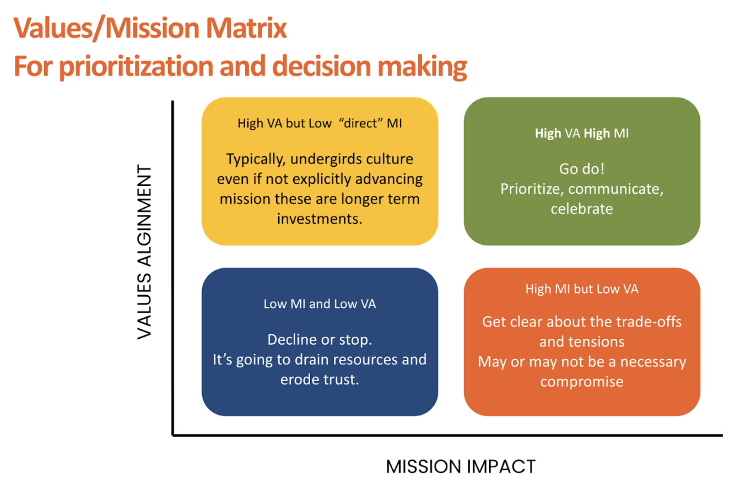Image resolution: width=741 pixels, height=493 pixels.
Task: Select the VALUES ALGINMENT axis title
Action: point(144,252)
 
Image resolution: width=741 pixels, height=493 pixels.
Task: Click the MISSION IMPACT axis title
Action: point(460,467)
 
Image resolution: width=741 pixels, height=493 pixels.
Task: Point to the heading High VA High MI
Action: point(582,133)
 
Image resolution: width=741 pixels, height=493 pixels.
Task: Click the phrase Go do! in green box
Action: point(582,169)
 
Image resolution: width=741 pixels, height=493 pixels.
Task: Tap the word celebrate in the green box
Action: point(582,209)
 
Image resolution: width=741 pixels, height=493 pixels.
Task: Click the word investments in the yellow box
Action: point(319,219)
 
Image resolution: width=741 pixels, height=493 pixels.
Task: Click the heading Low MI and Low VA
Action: point(319,304)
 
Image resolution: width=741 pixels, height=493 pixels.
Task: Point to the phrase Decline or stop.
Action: point(319,339)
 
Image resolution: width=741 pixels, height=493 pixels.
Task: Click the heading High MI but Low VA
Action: point(582,289)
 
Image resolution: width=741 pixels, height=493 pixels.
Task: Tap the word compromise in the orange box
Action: point(582,382)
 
